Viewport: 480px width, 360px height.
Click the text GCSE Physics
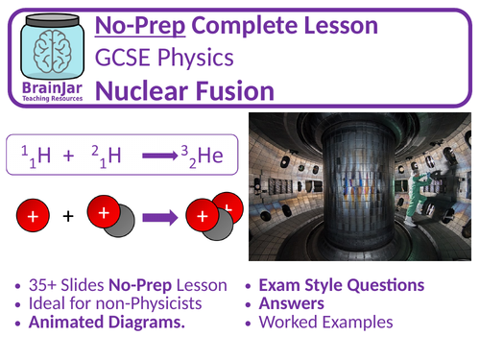192,59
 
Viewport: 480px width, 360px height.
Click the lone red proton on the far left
33,217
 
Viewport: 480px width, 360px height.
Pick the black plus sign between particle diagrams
67,217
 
